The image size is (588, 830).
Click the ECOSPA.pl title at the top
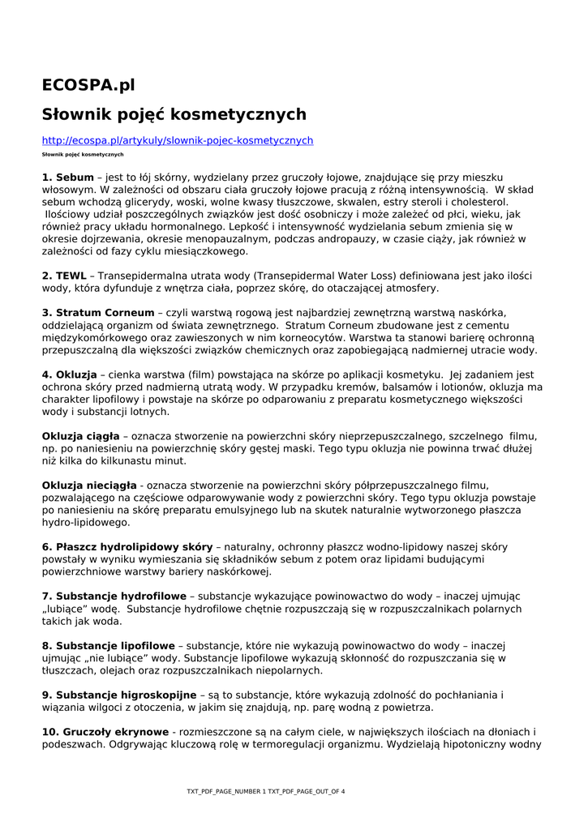[x=88, y=85]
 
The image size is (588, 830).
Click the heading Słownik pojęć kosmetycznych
[x=174, y=114]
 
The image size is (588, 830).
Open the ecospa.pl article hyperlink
[x=177, y=140]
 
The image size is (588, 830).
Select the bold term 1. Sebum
[x=68, y=177]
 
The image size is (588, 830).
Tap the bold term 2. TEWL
[x=64, y=276]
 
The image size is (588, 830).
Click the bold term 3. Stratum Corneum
[x=98, y=313]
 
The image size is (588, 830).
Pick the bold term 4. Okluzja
[x=70, y=374]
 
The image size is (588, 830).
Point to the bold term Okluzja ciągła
[x=80, y=436]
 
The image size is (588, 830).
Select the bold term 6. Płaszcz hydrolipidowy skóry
[x=127, y=547]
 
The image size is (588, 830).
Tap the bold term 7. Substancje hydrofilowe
[x=114, y=596]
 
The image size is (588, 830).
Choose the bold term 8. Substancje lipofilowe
[x=109, y=646]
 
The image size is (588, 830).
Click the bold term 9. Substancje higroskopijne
[x=119, y=695]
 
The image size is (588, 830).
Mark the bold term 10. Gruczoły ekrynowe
[x=105, y=732]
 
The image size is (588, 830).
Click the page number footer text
[x=265, y=791]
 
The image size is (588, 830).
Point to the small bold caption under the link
[x=83, y=154]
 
